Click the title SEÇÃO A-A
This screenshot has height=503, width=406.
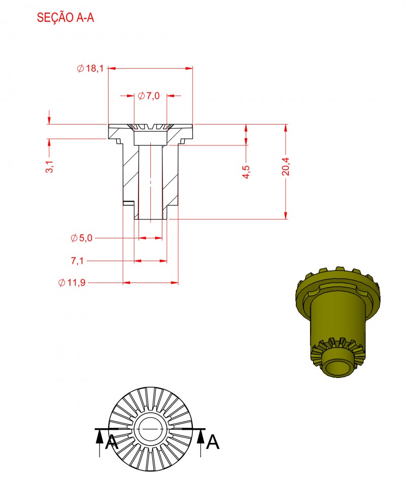[x=65, y=17]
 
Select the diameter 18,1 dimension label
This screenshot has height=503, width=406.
[x=90, y=68]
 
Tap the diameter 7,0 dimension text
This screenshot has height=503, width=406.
[x=149, y=96]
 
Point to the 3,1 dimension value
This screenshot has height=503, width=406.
[x=50, y=167]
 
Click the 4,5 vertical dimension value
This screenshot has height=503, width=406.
[x=246, y=172]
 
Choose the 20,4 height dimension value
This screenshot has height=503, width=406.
[x=286, y=167]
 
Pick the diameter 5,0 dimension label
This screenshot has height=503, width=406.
[x=81, y=238]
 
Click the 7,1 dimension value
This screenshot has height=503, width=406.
[x=77, y=261]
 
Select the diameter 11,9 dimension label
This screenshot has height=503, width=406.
[x=72, y=282]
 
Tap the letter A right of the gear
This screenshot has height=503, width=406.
[x=213, y=443]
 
